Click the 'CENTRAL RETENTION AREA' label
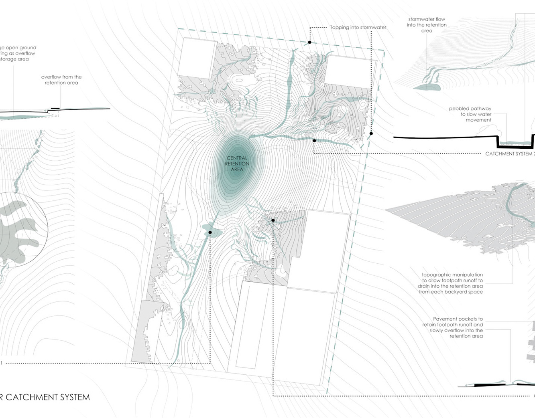(237, 164)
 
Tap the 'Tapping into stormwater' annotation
(358, 28)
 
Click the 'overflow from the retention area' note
(61, 80)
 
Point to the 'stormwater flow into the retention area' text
(427, 25)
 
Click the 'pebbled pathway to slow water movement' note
(470, 114)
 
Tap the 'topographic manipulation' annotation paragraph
(452, 283)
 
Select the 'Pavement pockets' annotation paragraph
(452, 327)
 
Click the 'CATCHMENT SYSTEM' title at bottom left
(47, 397)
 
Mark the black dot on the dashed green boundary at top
(309, 42)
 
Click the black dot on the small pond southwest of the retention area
(210, 232)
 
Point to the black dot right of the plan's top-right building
(371, 133)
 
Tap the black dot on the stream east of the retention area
(314, 141)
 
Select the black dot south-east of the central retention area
(273, 220)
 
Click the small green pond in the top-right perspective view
(427, 87)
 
